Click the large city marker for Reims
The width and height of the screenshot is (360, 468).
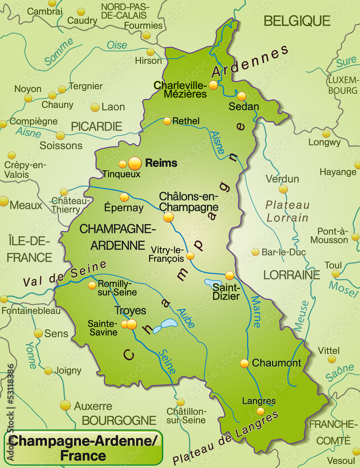[x=134, y=163]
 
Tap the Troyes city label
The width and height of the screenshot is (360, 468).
[x=130, y=310]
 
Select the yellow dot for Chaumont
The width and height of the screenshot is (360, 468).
[x=245, y=363]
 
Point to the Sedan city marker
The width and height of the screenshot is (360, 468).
[x=241, y=96]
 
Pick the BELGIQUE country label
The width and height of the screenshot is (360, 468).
[x=297, y=21]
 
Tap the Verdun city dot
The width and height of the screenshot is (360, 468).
[x=283, y=189]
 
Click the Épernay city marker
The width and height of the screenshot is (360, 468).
[x=124, y=197]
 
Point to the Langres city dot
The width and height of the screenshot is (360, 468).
[x=260, y=411]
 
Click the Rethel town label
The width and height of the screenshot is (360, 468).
[x=186, y=121]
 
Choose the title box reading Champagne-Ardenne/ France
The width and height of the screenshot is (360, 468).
[x=83, y=447]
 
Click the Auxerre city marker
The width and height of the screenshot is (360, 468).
[x=65, y=405]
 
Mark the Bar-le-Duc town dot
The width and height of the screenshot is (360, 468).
[x=255, y=252]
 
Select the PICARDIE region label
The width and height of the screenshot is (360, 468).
[x=96, y=126]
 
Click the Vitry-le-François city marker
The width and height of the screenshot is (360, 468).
[x=190, y=256]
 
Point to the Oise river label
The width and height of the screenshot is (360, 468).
[x=117, y=45]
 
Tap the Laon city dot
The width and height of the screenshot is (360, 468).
[x=95, y=107]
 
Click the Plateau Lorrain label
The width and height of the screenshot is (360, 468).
[x=288, y=211]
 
